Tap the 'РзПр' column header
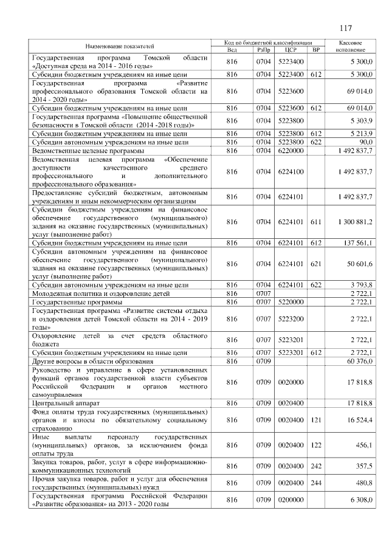coord(263,50)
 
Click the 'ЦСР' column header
coord(289,50)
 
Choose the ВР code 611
coord(315,222)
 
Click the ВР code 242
coord(315,465)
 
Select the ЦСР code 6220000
coord(289,150)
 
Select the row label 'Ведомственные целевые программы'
coord(88,150)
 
